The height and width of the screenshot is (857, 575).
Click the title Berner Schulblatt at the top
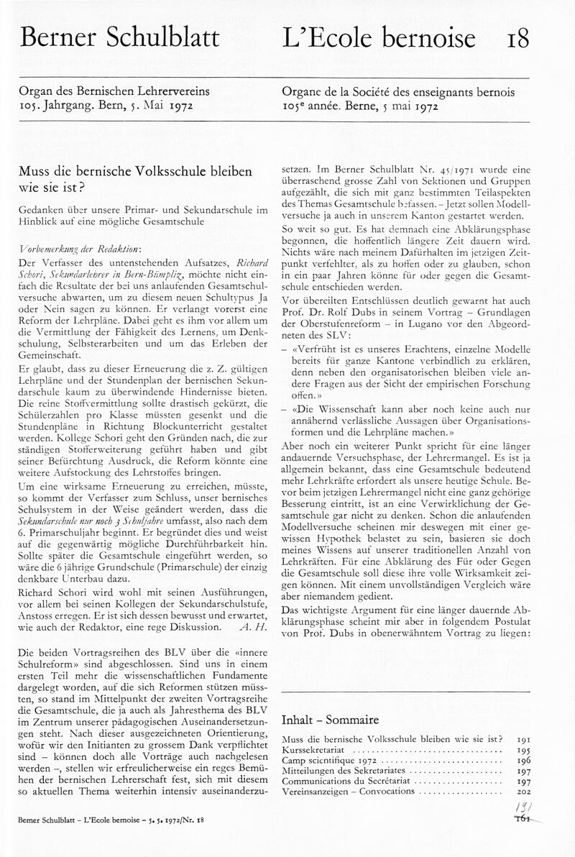[x=119, y=38]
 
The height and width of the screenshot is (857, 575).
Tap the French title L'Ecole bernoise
[x=379, y=38]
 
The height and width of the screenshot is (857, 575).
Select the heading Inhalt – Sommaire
[x=330, y=720]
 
